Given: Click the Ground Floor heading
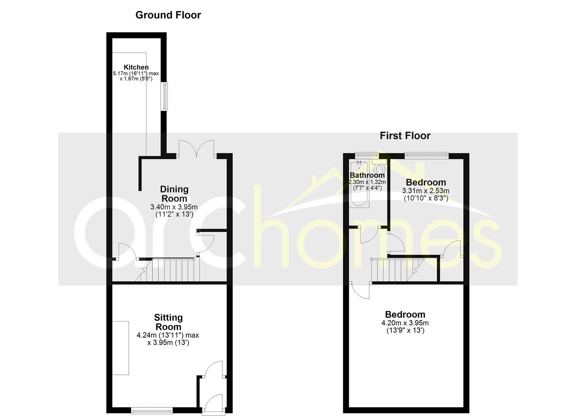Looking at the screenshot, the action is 168,15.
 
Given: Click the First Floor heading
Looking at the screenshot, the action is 405,136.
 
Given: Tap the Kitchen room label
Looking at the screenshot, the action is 136,67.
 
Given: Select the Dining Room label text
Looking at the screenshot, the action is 174,194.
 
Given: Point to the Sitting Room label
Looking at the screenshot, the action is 168,322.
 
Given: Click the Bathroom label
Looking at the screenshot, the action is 367,175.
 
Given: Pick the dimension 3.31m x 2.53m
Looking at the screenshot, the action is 426,191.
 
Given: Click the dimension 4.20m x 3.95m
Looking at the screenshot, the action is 405,323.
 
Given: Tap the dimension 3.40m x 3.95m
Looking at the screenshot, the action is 174,207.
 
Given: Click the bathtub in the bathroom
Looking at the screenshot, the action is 359,184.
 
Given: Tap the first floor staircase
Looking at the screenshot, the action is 397,270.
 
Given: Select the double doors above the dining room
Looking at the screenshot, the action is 196,149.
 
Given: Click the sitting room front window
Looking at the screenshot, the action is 152,410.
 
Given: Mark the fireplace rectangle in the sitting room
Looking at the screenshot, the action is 120,348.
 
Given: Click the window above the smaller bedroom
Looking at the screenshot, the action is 427,155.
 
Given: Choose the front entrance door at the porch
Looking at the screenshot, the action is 214,405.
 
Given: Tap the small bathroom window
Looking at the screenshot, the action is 367,155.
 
